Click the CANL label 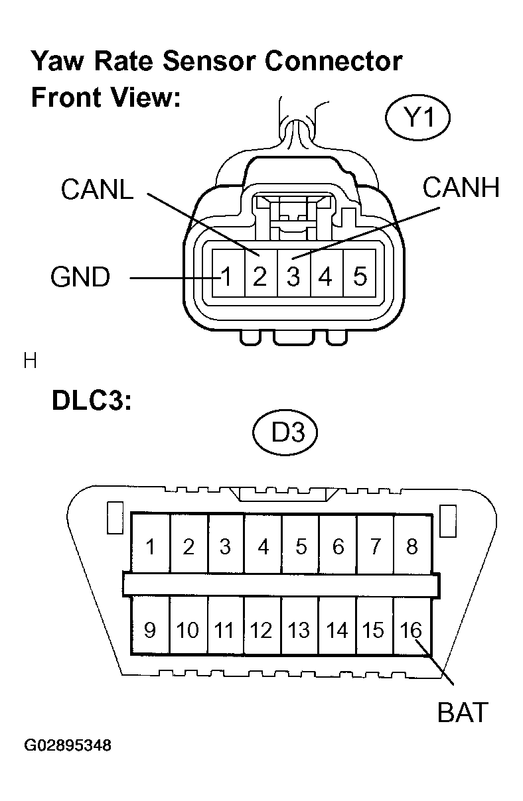(x=97, y=190)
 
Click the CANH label (x=461, y=188)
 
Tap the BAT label (x=462, y=712)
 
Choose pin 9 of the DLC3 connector (x=150, y=629)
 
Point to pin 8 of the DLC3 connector (x=411, y=546)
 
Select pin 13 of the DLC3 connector (x=299, y=629)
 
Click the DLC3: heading (x=92, y=403)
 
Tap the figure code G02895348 (x=68, y=745)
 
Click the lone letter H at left (x=29, y=361)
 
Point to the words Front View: (x=106, y=97)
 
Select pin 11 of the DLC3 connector (x=225, y=629)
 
